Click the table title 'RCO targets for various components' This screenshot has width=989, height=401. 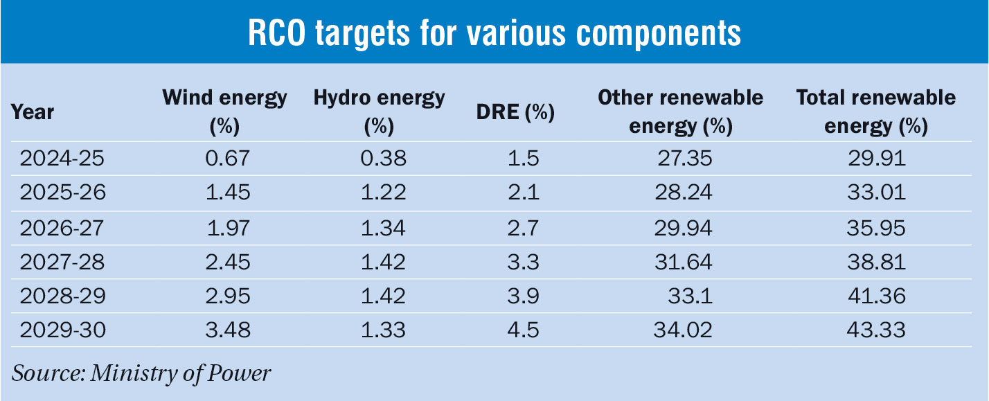494,32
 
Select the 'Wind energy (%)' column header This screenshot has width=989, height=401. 224,112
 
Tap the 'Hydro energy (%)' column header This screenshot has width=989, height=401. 379,112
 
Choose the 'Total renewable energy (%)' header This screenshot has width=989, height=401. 875,112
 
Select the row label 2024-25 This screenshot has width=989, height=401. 62,159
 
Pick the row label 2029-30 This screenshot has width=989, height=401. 62,330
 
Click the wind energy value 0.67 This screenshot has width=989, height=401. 224,159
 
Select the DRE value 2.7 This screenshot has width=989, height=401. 523,227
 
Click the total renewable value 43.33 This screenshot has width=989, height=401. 875,330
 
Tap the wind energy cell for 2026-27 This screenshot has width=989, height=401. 224,227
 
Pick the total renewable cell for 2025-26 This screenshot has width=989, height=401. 875,193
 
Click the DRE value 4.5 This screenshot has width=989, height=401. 523,330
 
